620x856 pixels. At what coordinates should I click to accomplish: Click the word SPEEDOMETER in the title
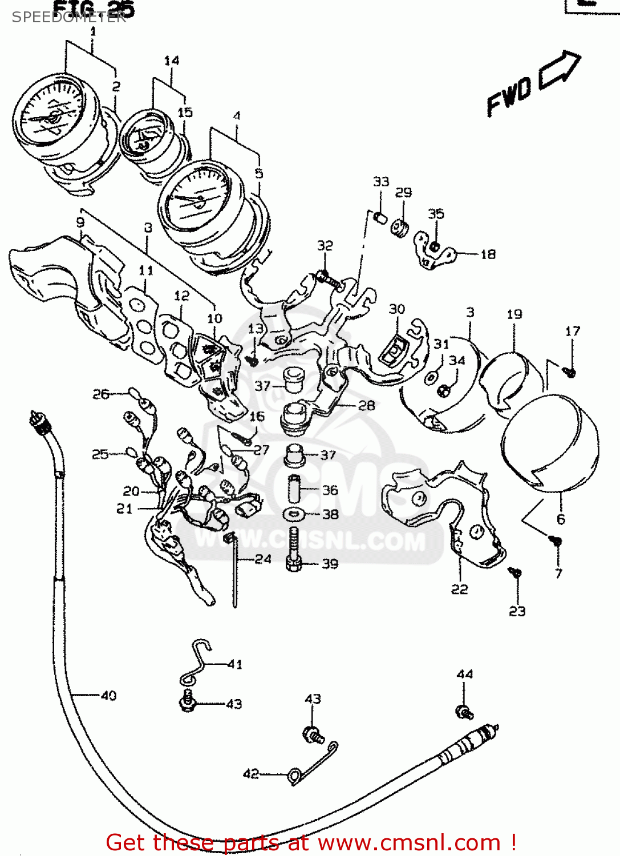click(69, 17)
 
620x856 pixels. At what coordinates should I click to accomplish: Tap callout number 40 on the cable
click(108, 695)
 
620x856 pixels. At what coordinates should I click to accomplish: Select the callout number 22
click(459, 589)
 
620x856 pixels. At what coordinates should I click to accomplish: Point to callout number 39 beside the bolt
click(330, 564)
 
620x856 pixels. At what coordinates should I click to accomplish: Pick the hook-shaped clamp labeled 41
click(197, 662)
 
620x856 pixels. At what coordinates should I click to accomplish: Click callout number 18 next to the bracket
click(488, 255)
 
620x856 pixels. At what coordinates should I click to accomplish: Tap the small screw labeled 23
click(515, 572)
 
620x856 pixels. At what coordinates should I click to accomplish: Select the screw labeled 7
click(555, 540)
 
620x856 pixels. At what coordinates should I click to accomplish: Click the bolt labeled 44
click(464, 712)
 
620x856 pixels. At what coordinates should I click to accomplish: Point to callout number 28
click(366, 405)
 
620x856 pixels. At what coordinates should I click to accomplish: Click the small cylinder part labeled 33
click(380, 217)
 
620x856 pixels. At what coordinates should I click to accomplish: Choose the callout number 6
click(561, 519)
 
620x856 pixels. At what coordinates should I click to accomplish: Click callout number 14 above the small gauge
click(171, 60)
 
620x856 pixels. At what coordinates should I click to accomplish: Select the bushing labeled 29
click(400, 228)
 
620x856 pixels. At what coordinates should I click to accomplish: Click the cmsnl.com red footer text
click(311, 842)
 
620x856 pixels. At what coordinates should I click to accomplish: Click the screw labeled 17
click(570, 372)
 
